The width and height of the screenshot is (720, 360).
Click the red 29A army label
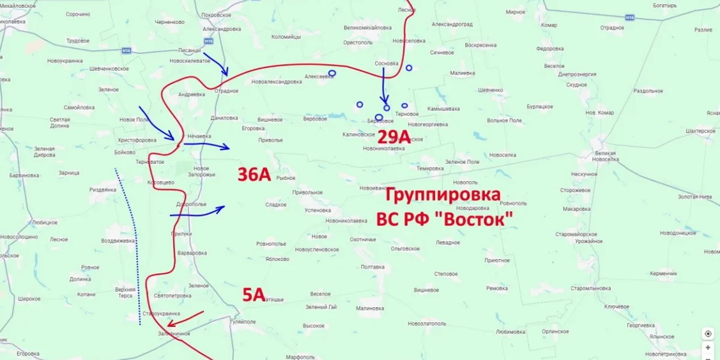394,137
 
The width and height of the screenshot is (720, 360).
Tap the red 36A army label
254,175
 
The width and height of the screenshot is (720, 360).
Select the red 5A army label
254,294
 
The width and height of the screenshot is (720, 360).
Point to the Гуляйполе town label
243,322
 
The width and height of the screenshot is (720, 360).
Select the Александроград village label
452,25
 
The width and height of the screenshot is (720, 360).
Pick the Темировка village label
430,169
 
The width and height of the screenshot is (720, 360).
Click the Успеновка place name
318,211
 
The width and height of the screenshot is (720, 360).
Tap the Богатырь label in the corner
665,5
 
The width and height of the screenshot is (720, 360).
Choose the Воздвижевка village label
118,241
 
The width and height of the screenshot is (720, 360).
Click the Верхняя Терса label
125,292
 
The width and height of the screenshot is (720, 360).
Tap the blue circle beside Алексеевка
332,73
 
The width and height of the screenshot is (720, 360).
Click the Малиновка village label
370,308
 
